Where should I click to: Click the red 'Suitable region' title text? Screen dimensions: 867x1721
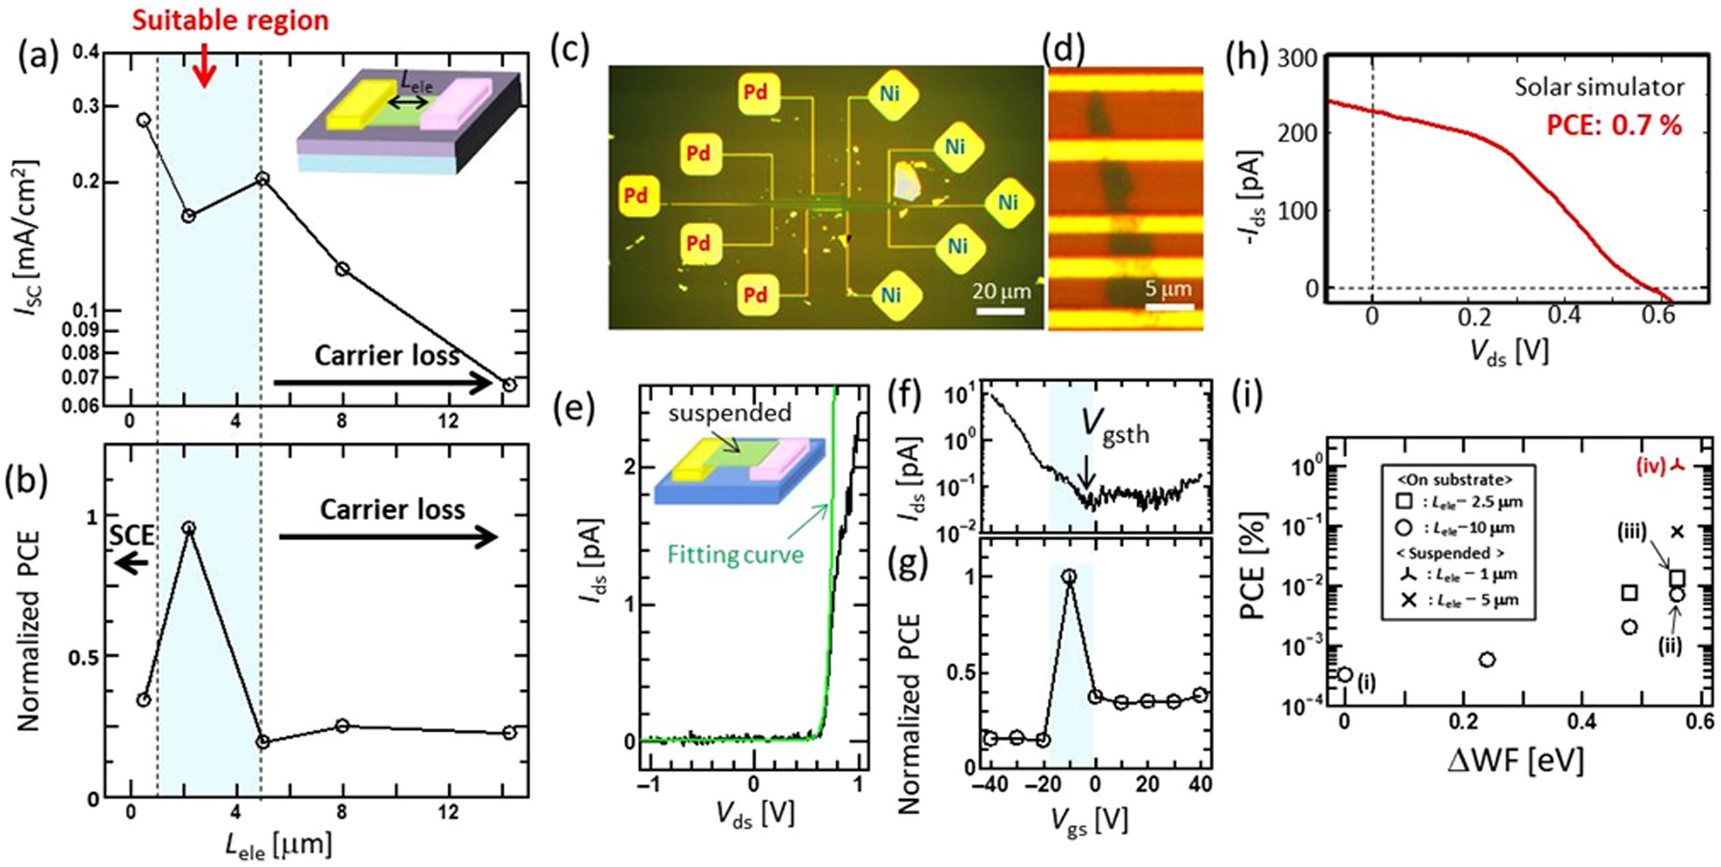[x=230, y=19]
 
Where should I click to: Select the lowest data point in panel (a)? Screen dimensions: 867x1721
[x=509, y=385]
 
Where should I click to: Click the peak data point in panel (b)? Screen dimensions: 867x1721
[x=188, y=527]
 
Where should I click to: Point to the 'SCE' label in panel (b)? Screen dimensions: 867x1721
[x=131, y=535]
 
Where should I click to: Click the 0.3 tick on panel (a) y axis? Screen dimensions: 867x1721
[x=87, y=107]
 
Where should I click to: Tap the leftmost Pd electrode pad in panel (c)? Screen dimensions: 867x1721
[x=636, y=196]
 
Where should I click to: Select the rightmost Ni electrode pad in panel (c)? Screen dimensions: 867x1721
[x=1007, y=203]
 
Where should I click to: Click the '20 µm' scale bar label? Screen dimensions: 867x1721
[x=1001, y=292]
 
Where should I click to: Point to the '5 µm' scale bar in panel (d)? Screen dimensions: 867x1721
[x=1168, y=307]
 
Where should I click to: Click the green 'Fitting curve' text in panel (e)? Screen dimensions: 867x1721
[x=735, y=554]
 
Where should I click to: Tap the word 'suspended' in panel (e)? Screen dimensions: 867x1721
[x=730, y=413]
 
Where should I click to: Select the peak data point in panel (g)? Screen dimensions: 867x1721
[x=1069, y=576]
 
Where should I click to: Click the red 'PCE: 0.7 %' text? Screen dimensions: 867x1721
[x=1613, y=125]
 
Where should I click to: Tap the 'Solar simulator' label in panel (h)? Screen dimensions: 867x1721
[x=1600, y=87]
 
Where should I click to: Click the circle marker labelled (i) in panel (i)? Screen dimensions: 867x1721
[x=1345, y=674]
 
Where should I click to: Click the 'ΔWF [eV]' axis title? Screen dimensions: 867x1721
[x=1514, y=759]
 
